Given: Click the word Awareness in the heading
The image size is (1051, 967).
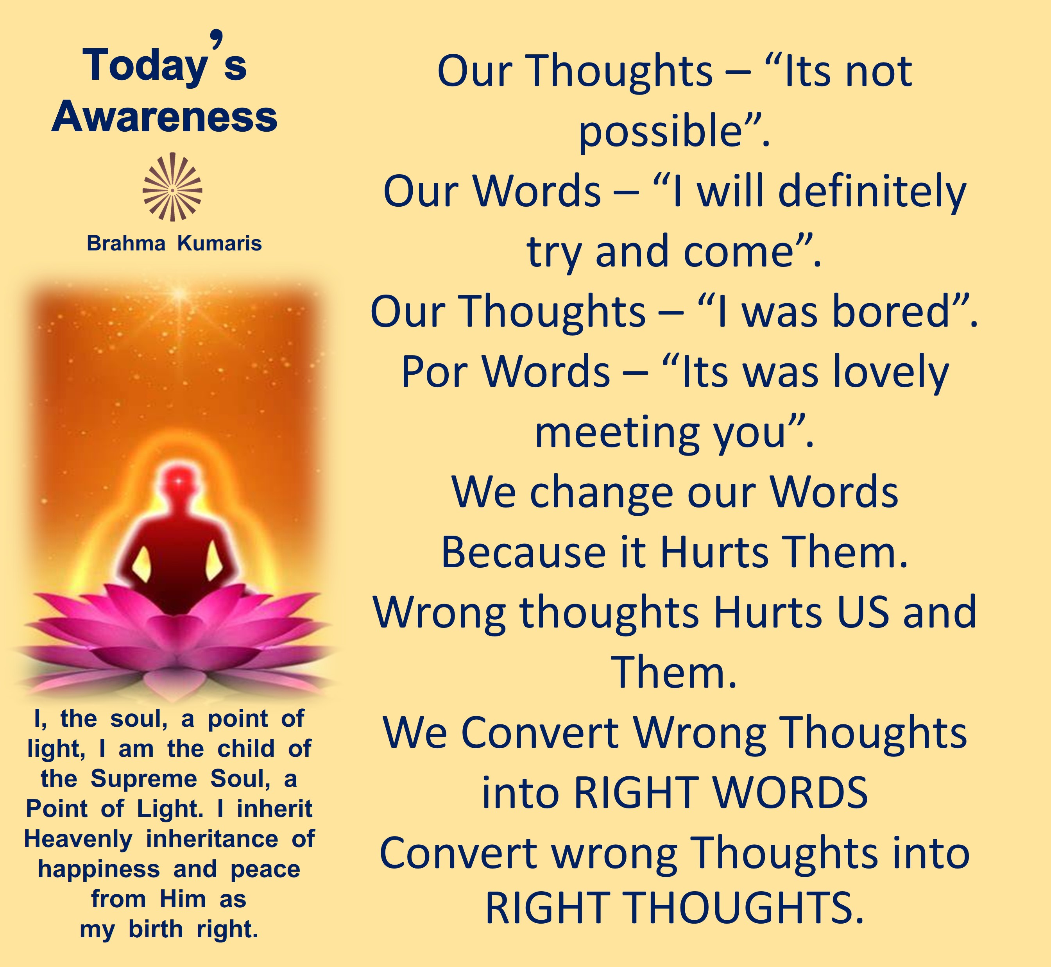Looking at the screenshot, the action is coord(164,117).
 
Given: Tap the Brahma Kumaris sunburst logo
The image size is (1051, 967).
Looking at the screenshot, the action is coord(173,187).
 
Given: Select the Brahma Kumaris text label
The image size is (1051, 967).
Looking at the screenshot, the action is coord(174,243).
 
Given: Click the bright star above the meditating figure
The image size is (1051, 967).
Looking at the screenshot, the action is coord(179,293).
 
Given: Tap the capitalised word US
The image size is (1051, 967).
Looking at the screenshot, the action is coord(862,612).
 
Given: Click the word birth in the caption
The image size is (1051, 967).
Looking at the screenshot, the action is coord(156,929).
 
